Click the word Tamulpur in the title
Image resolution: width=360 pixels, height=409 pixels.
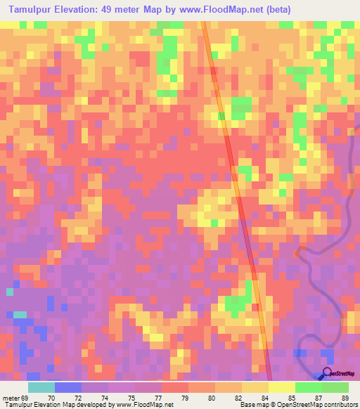pos(29,11)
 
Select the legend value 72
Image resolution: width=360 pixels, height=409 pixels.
pos(86,398)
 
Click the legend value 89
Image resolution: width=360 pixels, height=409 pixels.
pos(344,398)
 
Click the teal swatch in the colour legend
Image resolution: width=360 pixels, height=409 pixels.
pos(41,387)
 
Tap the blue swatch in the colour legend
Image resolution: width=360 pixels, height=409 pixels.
pos(68,387)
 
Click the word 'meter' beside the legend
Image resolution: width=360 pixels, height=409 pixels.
pos(10,398)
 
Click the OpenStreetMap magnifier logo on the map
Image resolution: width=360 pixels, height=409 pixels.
pos(328,373)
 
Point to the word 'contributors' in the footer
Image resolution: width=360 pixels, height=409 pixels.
pos(337,405)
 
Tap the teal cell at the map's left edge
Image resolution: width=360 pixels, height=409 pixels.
pos(10,291)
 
